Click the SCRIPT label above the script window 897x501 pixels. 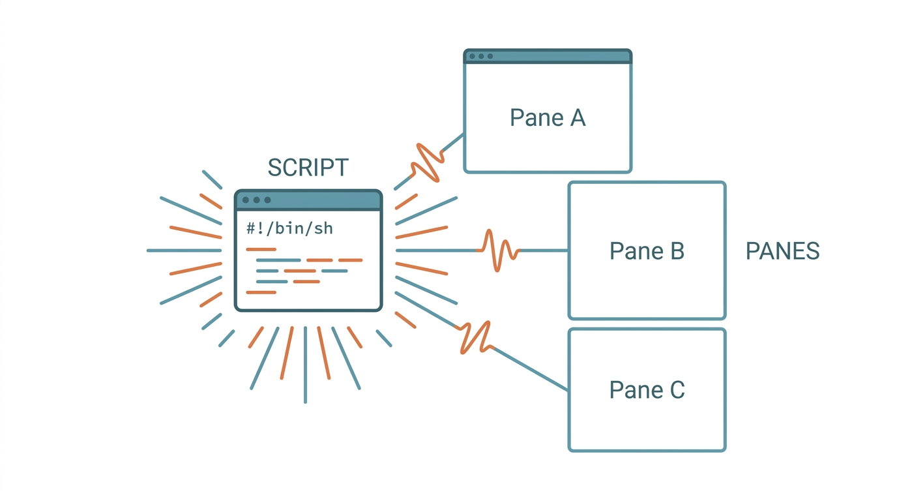tap(308, 168)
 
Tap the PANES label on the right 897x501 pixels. tap(782, 251)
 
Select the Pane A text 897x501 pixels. tap(548, 118)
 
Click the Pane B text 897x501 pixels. tap(647, 251)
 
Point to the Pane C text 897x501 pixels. tap(647, 390)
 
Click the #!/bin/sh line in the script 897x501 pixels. tap(289, 228)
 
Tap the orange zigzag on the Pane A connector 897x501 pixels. tap(428, 162)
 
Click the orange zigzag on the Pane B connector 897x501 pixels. tap(498, 250)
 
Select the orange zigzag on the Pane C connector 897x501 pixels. tap(476, 337)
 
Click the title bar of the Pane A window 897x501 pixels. tap(548, 56)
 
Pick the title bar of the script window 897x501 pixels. tap(308, 200)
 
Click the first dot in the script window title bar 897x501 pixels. tap(246, 200)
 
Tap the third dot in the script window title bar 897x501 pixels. tap(267, 200)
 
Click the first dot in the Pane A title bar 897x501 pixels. tap(472, 56)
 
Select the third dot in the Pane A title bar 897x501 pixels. tap(490, 56)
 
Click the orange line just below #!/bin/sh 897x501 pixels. tap(261, 249)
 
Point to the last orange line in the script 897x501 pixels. tap(261, 292)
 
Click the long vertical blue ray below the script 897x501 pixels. tap(305, 365)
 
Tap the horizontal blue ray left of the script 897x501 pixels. tap(184, 250)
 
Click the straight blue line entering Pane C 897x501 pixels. tap(531, 369)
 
